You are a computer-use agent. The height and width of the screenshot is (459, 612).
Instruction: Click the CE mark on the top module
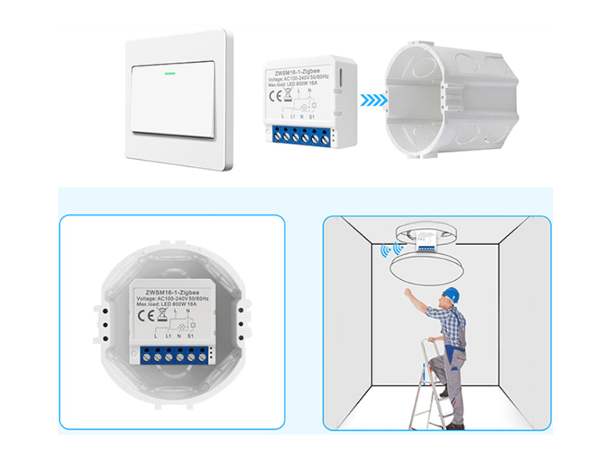pos(274,96)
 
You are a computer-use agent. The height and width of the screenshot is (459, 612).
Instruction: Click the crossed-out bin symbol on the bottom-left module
pos(164,314)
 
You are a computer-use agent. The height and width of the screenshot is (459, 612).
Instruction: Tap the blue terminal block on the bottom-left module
pos(176,354)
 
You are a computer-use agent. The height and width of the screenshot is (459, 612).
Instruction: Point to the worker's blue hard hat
pos(451,294)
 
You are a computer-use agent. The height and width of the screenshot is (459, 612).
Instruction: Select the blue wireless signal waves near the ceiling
pos(386,249)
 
